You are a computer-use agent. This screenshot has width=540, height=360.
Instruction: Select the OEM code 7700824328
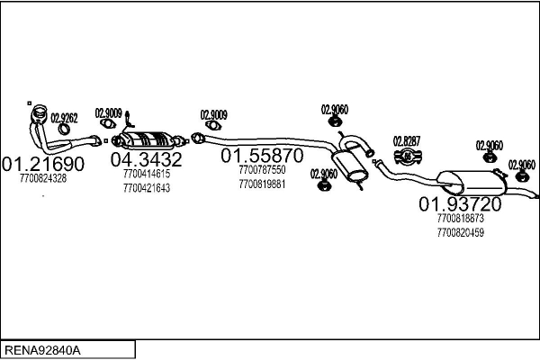42,179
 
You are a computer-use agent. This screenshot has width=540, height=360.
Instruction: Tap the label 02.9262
64,117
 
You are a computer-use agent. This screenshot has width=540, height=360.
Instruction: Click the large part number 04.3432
147,160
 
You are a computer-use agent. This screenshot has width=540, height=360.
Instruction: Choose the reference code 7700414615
147,174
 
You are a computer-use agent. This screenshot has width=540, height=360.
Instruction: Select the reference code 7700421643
147,188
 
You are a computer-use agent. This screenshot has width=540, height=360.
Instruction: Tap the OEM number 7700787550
263,169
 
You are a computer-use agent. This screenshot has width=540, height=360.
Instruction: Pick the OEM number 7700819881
263,184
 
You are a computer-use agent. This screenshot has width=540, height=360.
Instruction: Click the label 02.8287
407,141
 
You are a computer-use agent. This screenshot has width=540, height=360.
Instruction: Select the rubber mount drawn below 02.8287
406,157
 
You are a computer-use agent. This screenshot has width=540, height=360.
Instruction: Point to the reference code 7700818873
460,219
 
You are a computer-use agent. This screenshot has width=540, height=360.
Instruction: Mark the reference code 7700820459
460,232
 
